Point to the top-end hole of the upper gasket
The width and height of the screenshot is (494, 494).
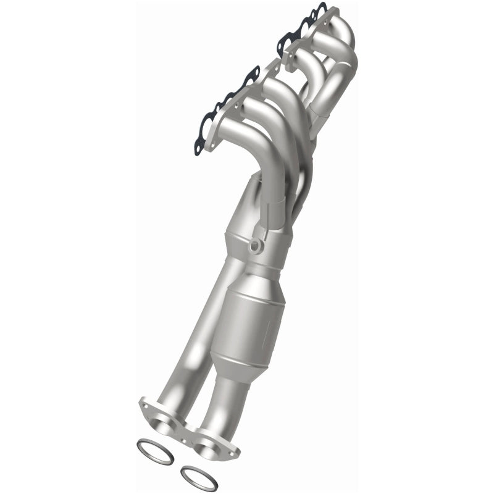pos(320,8)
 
